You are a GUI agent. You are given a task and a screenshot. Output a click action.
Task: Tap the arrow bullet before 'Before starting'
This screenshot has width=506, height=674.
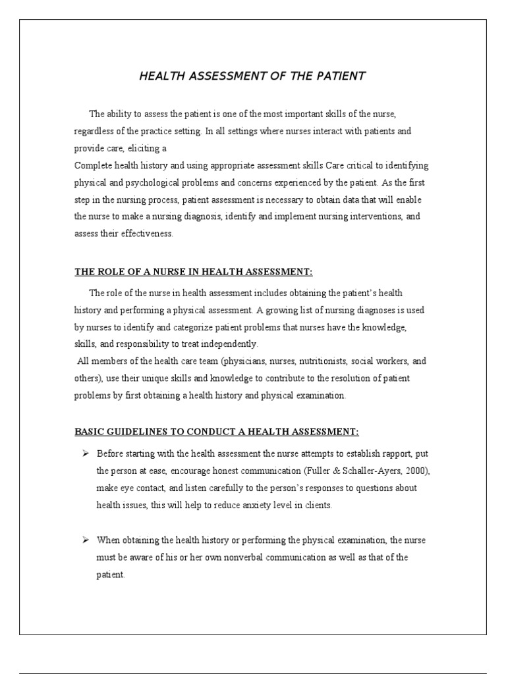(85, 454)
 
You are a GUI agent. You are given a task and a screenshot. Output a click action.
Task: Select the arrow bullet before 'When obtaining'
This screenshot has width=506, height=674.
(85, 540)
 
